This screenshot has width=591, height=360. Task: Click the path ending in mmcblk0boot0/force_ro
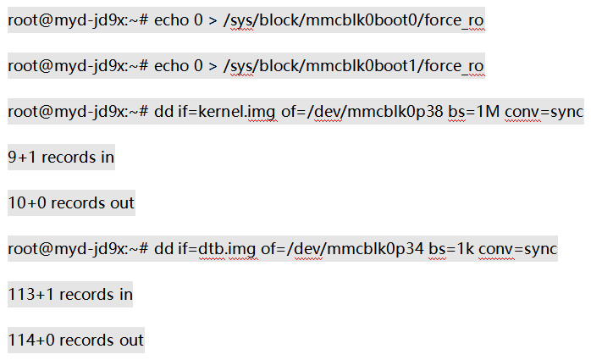point(354,20)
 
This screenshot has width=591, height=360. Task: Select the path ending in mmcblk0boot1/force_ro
point(354,66)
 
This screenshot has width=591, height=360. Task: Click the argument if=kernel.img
point(227,112)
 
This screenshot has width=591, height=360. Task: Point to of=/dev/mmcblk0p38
point(362,112)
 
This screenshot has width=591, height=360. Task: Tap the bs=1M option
point(474,112)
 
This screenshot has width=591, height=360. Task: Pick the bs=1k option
point(451,249)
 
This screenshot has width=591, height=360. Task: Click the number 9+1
point(22,158)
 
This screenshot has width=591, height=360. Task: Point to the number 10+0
point(27,203)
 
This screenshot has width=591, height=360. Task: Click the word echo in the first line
point(171,20)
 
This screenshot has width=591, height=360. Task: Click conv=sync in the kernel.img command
point(544,112)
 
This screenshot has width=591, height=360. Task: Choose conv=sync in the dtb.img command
point(517,249)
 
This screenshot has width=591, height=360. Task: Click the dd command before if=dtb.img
point(163,249)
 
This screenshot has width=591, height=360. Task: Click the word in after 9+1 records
point(108,158)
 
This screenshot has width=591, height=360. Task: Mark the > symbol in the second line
point(213,66)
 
